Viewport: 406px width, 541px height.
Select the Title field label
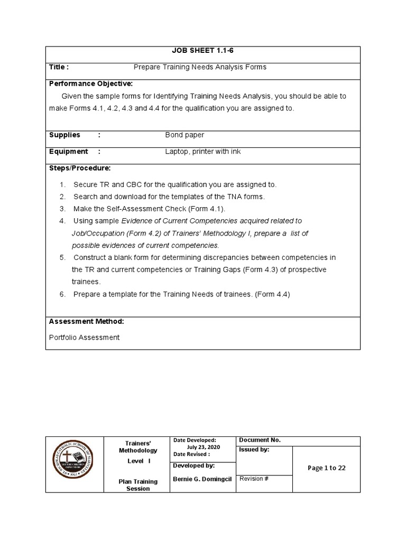[x=59, y=67]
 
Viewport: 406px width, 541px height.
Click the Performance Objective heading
[x=91, y=83]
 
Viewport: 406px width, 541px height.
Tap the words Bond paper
[x=184, y=135]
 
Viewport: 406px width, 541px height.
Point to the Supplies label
[x=64, y=135]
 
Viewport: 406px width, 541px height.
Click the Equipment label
[x=68, y=152]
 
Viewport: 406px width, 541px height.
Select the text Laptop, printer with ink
[x=202, y=152]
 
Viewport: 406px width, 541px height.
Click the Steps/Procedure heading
[x=80, y=168]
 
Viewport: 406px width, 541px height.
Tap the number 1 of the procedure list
[x=62, y=185]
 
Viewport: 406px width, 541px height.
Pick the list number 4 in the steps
[x=62, y=221]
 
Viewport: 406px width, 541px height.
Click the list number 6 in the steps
[x=62, y=294]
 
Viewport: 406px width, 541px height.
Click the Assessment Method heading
[x=86, y=321]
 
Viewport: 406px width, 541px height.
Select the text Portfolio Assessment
[x=85, y=337]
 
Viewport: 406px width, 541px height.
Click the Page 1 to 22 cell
[x=326, y=468]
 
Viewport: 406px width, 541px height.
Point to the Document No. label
[x=260, y=440]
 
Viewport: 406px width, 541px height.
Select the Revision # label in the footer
[x=254, y=479]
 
